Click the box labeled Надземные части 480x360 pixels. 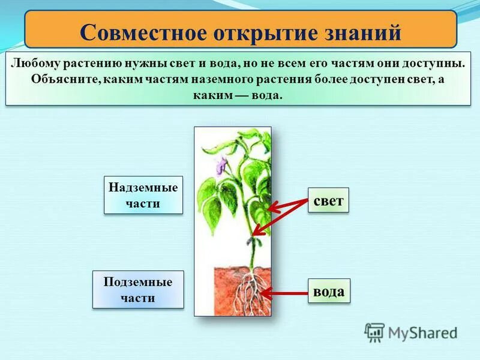(143, 195)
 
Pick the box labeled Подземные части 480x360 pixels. (138, 290)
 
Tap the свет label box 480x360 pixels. (328, 200)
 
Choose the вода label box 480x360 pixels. (329, 292)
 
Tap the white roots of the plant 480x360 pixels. (248, 288)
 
